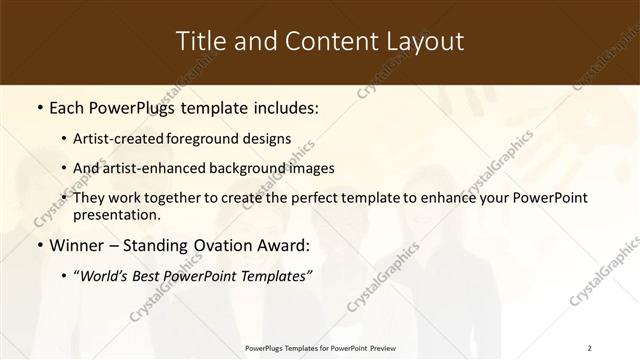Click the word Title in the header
coord(201,41)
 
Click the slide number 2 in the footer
coord(589,348)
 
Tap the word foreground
coord(214,138)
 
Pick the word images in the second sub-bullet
coord(312,168)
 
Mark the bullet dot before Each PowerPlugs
coord(38,107)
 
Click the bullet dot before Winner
coord(38,246)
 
